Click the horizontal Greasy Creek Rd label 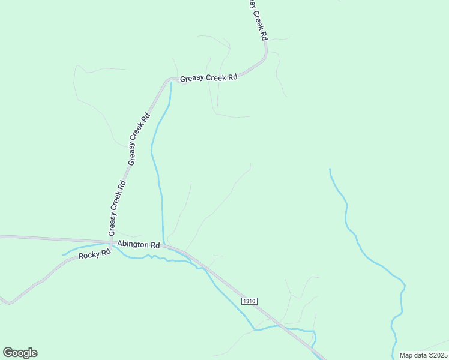point(209,77)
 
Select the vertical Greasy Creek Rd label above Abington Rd point(116,208)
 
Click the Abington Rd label point(139,245)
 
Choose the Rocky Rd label point(95,254)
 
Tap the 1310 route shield point(249,301)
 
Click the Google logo point(20,353)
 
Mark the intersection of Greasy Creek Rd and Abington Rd point(112,242)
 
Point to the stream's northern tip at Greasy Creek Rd point(171,83)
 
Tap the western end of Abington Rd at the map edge point(2,237)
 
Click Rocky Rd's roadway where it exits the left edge point(2,299)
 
